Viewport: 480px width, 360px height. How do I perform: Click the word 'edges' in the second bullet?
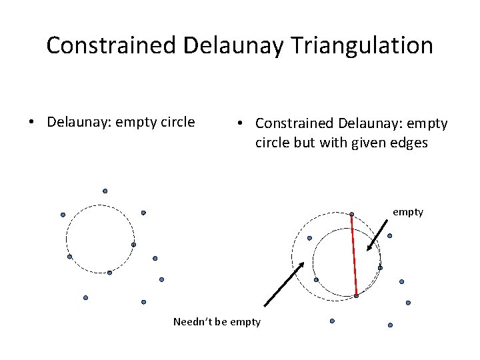click(x=407, y=143)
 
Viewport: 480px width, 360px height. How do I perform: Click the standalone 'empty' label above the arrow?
click(x=407, y=212)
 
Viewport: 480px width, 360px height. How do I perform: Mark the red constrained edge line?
click(x=354, y=255)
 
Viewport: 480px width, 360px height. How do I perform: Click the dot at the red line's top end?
click(x=351, y=214)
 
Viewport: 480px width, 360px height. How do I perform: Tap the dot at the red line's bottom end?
click(x=357, y=295)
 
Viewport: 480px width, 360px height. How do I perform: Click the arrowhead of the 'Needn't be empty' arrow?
click(x=301, y=265)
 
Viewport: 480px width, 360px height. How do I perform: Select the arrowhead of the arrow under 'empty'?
click(x=369, y=248)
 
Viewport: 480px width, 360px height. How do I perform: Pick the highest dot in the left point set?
click(x=105, y=191)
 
